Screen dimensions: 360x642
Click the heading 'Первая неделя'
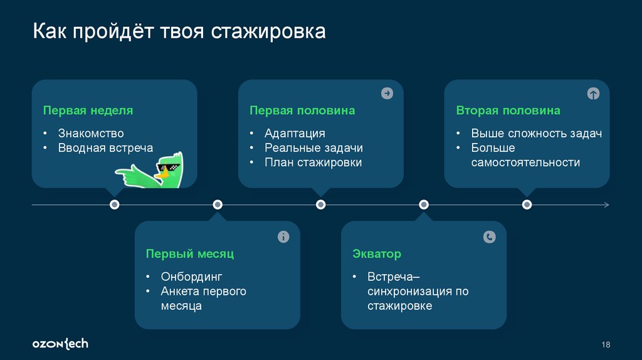point(88,110)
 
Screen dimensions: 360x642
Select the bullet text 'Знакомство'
point(91,133)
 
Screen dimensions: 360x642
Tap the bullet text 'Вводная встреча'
point(105,148)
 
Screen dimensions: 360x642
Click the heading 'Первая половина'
point(302,110)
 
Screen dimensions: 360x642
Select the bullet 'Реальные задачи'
point(313,148)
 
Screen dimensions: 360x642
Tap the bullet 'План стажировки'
point(313,162)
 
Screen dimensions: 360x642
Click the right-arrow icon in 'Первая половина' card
point(387,93)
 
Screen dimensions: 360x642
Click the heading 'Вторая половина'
point(508,110)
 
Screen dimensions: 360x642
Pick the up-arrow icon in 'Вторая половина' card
point(593,93)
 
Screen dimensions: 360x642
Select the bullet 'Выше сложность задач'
point(537,133)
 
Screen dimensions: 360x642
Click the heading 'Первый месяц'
point(189,254)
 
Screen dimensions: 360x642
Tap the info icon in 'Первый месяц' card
point(283,236)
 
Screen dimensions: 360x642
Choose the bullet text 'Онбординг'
point(191,277)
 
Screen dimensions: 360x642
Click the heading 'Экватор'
point(376,254)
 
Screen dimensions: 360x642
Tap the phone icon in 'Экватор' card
point(490,236)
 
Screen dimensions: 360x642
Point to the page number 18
point(606,344)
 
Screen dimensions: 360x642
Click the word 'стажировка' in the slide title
point(268,31)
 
